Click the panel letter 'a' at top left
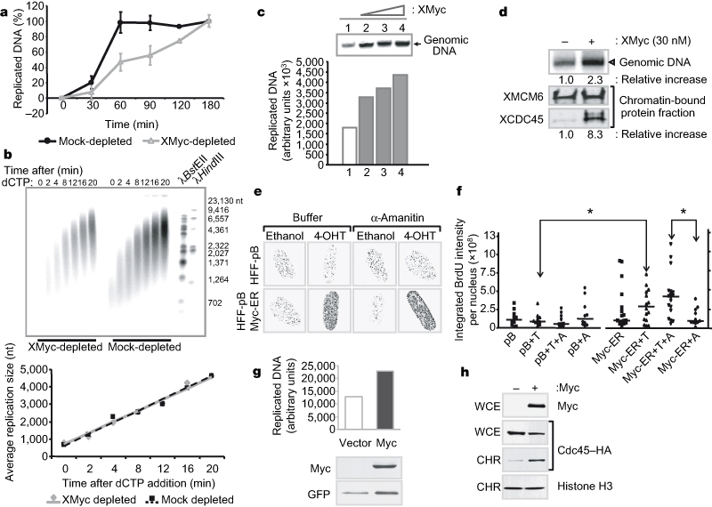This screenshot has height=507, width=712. (x=6, y=8)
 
